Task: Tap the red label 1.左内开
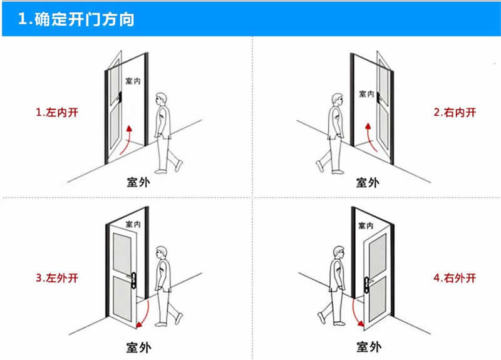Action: (58, 113)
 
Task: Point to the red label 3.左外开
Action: (58, 277)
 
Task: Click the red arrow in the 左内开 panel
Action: (127, 138)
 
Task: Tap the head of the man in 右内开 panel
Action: (337, 99)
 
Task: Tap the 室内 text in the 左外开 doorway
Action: (133, 224)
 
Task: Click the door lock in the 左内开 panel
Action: (118, 97)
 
